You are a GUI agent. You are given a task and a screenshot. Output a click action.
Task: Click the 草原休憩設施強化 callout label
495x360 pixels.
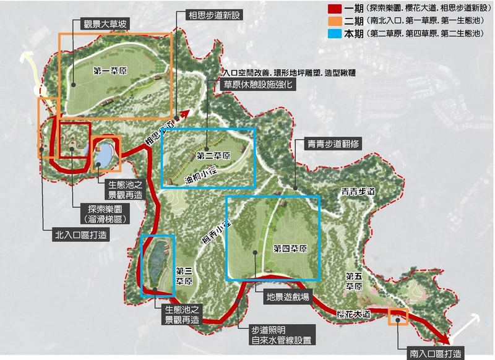[260, 86]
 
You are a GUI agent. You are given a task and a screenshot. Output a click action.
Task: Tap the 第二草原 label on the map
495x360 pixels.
[213, 155]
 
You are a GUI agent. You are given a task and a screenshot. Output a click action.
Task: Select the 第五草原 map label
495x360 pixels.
[353, 281]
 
